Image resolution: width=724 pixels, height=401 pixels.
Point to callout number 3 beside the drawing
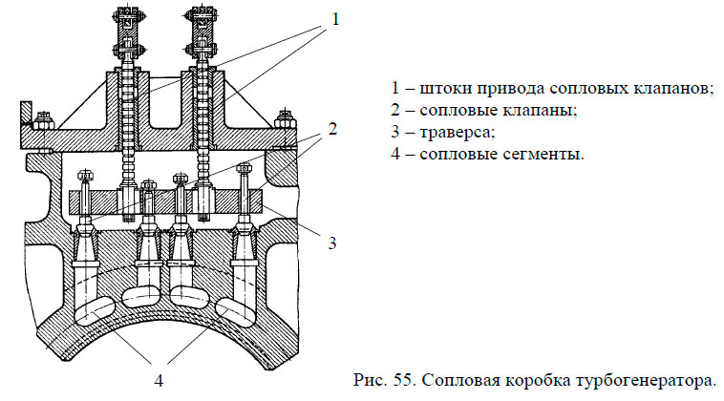pyautogui.click(x=331, y=243)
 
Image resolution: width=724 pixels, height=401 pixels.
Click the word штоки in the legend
pyautogui.click(x=445, y=89)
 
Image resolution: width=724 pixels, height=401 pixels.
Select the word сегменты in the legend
pyautogui.click(x=537, y=154)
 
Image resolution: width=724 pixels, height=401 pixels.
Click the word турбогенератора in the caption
pyautogui.click(x=651, y=379)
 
